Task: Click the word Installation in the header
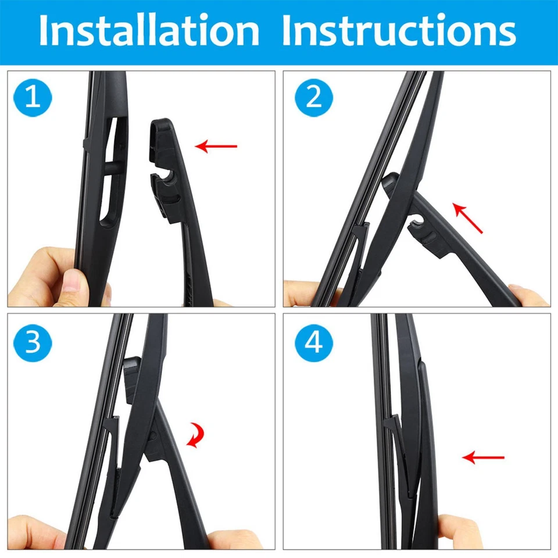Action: point(149,30)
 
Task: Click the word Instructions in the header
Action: point(399,30)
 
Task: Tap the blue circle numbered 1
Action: point(33,98)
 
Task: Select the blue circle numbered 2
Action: point(314,98)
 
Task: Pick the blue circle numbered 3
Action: point(33,343)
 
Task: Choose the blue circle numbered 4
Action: point(314,343)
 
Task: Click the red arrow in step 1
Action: point(216,146)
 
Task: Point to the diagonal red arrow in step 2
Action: point(467,218)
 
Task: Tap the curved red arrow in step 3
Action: point(196,435)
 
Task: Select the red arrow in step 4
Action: point(483,457)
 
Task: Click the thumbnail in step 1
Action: point(71,281)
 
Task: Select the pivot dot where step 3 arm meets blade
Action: point(153,435)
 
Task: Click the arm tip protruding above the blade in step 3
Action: point(133,379)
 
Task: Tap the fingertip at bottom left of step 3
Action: point(35,533)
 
